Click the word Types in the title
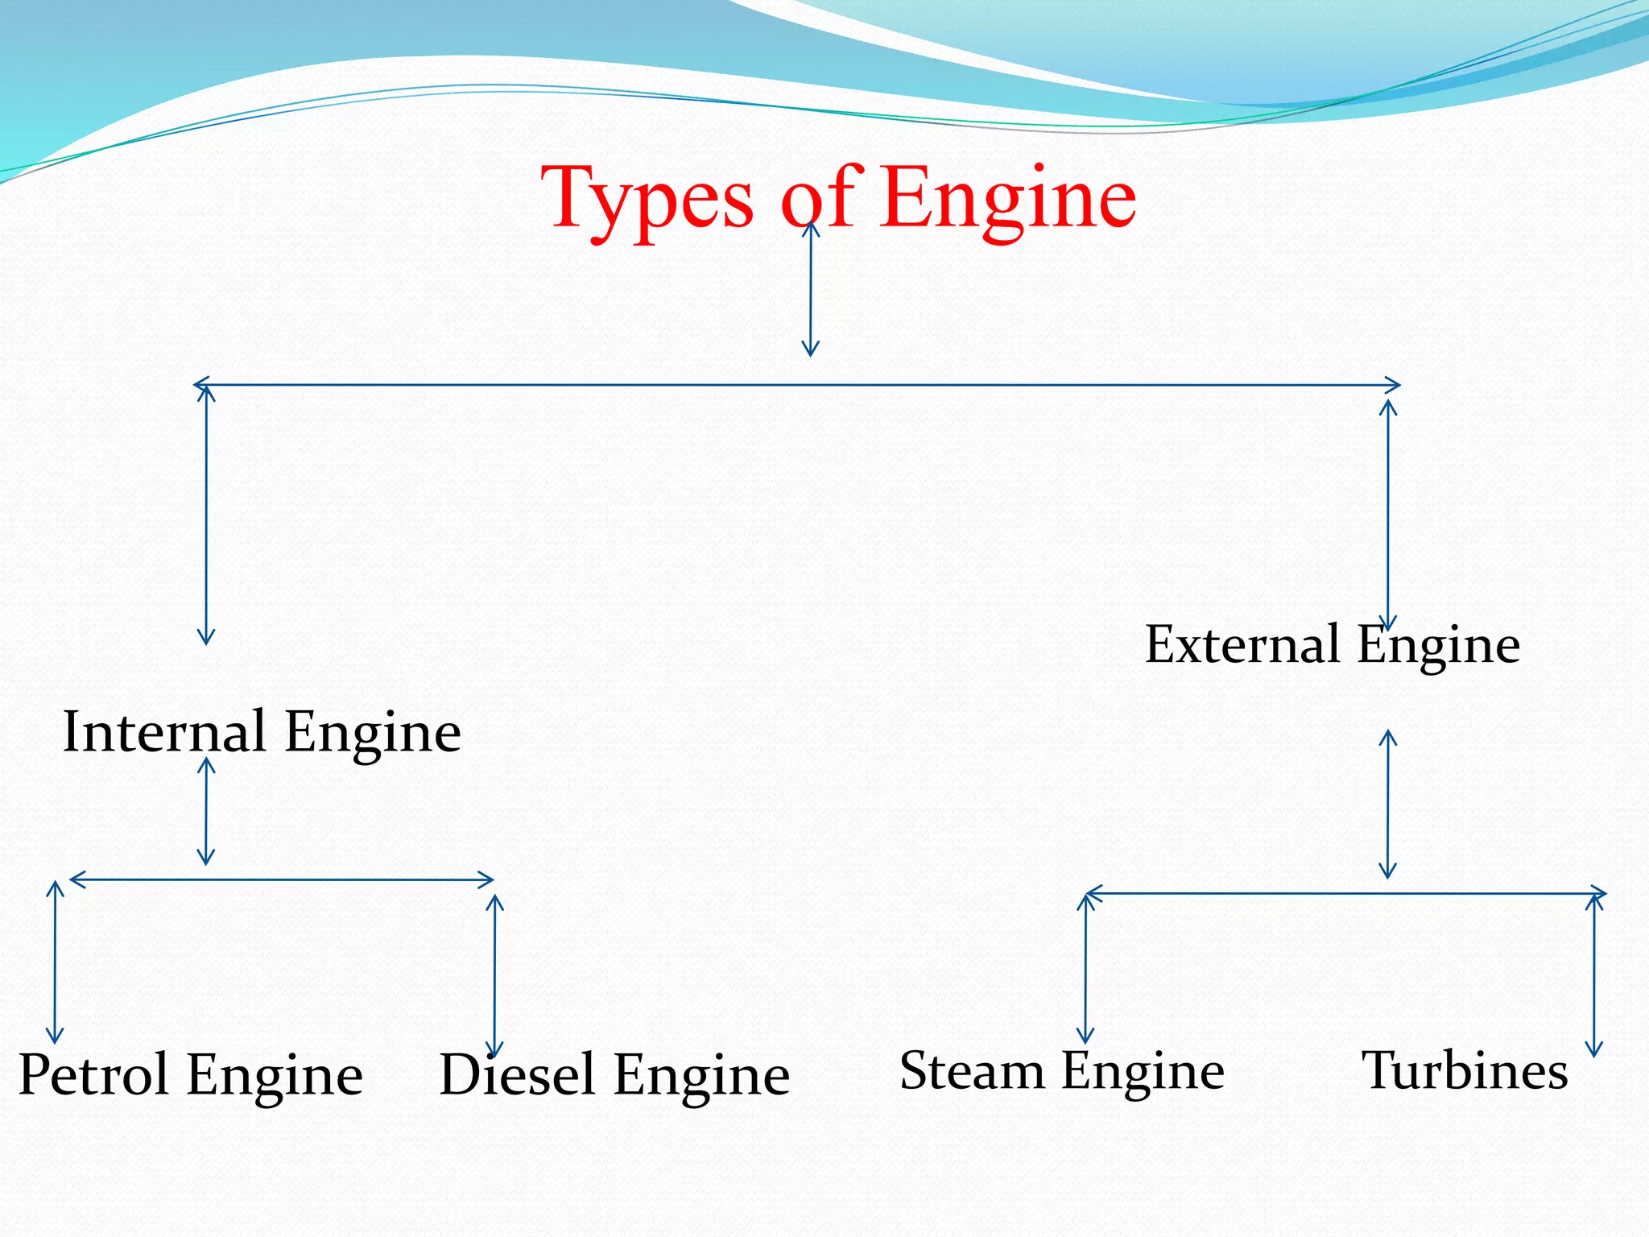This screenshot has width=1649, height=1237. (648, 199)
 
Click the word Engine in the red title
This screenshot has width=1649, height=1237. (1008, 199)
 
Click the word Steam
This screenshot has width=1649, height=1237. (972, 1070)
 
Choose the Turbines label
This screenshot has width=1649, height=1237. (1465, 1070)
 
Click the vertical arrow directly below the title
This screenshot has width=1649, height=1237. (811, 290)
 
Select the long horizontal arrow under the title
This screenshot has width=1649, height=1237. (797, 385)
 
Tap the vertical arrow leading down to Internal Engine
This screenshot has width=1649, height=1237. (206, 515)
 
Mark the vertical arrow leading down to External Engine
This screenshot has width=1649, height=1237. (1388, 515)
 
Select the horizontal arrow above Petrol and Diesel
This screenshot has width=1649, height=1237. (282, 879)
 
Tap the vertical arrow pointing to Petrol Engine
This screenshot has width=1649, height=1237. (55, 962)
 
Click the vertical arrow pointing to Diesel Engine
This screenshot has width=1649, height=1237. (495, 974)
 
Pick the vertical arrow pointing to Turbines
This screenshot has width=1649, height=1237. (1594, 974)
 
